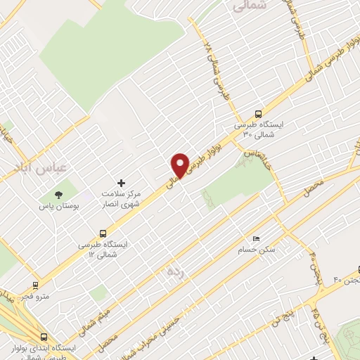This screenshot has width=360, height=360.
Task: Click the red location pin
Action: tap(181, 165)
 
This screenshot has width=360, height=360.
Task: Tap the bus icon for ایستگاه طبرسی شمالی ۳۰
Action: tap(259, 115)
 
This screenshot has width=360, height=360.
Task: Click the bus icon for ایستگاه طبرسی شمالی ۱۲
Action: tap(103, 233)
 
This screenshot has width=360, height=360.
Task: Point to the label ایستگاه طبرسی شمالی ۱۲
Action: tap(105, 250)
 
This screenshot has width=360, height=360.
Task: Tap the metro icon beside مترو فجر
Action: tap(35, 285)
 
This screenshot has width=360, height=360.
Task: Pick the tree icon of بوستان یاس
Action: tap(58, 194)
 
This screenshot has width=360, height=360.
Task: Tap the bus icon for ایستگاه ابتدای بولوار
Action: tap(44, 336)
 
